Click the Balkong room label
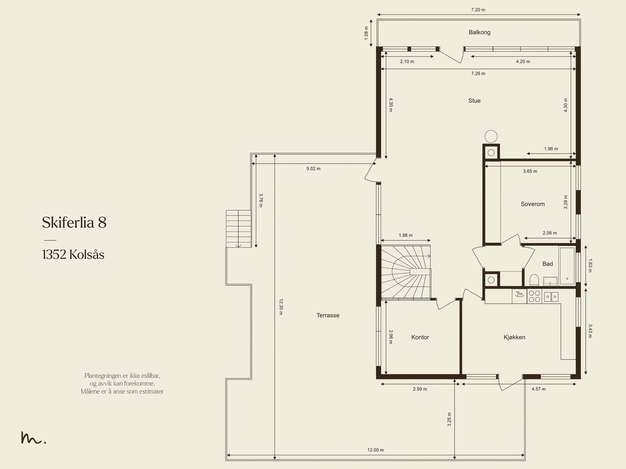pyautogui.click(x=479, y=32)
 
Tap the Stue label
pyautogui.click(x=474, y=101)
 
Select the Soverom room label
pyautogui.click(x=532, y=204)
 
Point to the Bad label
pyautogui.click(x=547, y=264)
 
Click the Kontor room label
pyautogui.click(x=420, y=337)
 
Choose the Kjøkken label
pyautogui.click(x=514, y=337)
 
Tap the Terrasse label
pyautogui.click(x=328, y=315)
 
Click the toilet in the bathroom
pyautogui.click(x=534, y=280)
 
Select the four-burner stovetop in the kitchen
pyautogui.click(x=534, y=296)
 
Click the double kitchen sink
pyautogui.click(x=551, y=297)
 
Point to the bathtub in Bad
pyautogui.click(x=567, y=266)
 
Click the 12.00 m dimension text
pyautogui.click(x=375, y=450)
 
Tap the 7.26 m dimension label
pyautogui.click(x=478, y=74)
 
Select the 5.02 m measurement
pyautogui.click(x=313, y=169)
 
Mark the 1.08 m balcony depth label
pyautogui.click(x=366, y=33)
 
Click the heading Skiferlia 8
pyautogui.click(x=74, y=222)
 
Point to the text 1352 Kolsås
pyautogui.click(x=73, y=254)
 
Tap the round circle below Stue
pyautogui.click(x=491, y=136)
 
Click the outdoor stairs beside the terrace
pyautogui.click(x=238, y=229)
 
